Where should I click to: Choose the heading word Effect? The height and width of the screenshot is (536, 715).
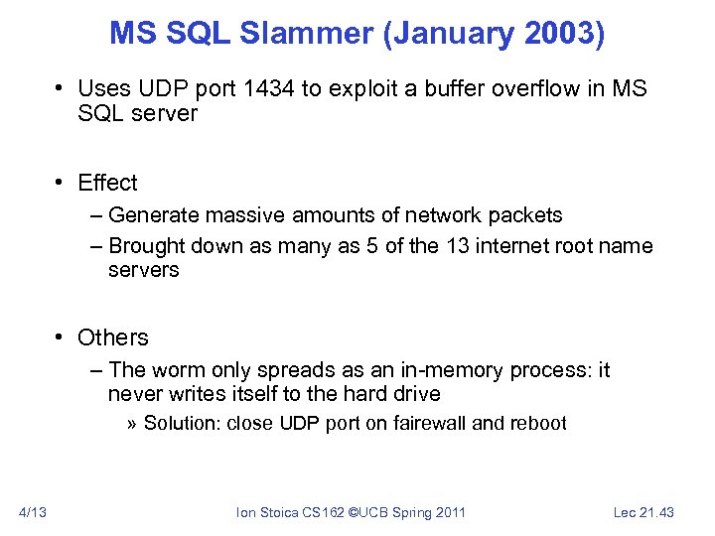107,183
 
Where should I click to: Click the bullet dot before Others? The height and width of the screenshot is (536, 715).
61,337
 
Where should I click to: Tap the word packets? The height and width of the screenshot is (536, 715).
528,215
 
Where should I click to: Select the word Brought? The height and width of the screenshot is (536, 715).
145,245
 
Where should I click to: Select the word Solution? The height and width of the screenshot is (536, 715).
182,424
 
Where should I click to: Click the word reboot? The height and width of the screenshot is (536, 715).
539,424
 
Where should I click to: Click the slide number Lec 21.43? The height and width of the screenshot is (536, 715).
643,512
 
